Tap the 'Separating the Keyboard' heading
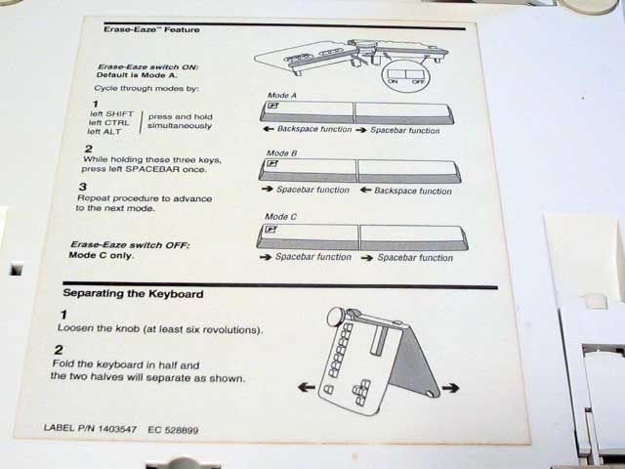click(x=133, y=292)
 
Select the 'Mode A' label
click(x=281, y=95)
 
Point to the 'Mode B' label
click(x=282, y=154)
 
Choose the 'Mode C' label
click(x=281, y=217)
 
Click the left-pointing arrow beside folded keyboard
click(x=306, y=387)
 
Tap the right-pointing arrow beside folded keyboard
click(x=450, y=388)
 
